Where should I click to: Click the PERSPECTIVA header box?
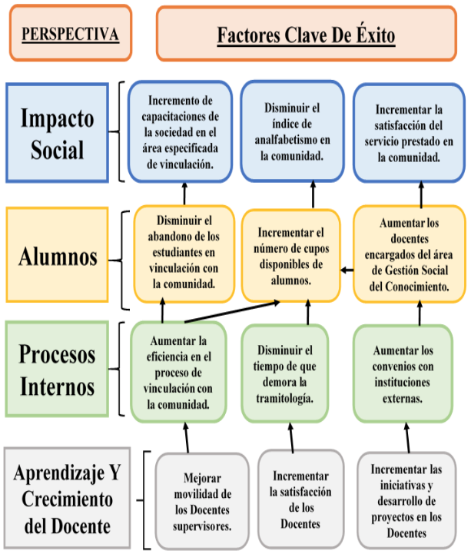click(71, 33)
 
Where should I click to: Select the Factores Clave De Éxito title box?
click(307, 34)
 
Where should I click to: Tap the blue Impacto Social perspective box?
click(57, 132)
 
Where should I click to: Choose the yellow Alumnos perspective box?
click(57, 255)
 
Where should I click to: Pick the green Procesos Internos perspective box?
click(57, 369)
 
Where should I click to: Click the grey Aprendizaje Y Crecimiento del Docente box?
click(67, 498)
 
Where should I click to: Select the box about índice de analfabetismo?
click(292, 131)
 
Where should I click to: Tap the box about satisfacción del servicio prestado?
click(409, 133)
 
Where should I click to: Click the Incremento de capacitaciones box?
click(181, 132)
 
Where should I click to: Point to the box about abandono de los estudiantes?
click(184, 254)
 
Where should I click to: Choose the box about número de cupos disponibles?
click(291, 256)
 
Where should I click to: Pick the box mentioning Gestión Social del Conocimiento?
click(410, 254)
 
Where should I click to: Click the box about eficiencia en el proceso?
click(178, 372)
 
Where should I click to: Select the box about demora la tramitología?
click(285, 373)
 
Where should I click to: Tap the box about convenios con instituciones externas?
click(403, 373)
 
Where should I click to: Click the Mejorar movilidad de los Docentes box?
click(202, 501)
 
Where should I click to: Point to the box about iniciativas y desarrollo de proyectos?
click(406, 501)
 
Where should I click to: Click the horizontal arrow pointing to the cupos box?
click(347, 270)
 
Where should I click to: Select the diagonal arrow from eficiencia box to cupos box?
click(232, 312)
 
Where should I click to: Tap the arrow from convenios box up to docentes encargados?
click(420, 313)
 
